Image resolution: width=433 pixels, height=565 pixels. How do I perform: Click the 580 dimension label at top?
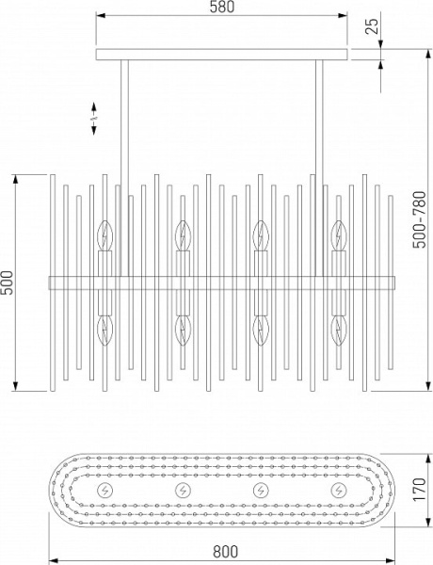tap(222, 8)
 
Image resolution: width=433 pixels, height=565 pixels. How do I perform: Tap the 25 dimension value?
tap(373, 26)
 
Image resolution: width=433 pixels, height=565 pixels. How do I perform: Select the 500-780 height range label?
tap(420, 219)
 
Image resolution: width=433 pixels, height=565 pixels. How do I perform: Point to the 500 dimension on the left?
tap(8, 282)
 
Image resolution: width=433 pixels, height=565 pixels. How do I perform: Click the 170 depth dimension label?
tap(420, 490)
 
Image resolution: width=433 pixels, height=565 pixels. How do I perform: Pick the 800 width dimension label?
tap(226, 551)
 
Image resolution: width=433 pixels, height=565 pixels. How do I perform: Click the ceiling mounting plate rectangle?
tap(221, 55)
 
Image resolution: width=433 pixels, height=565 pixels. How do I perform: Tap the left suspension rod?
tap(124, 168)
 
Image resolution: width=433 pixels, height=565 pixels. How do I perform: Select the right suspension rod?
tap(319, 168)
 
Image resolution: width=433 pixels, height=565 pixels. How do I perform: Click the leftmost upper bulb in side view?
tap(105, 235)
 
